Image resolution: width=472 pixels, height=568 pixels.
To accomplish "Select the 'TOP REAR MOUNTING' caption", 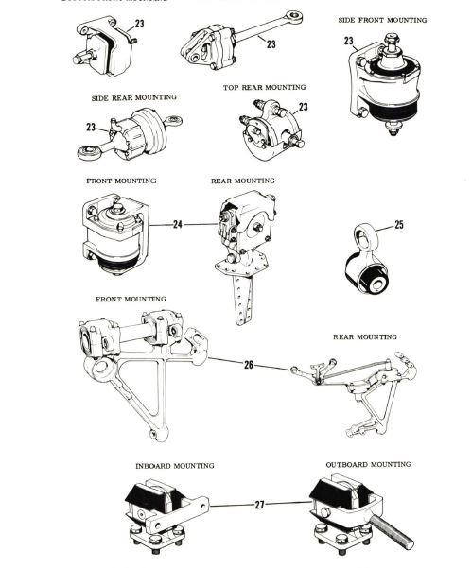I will [264, 87].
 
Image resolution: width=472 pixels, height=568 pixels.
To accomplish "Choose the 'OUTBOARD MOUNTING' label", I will [368, 465].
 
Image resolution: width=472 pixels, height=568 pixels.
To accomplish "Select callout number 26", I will [249, 363].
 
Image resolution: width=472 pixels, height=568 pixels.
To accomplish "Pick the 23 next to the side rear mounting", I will [91, 127].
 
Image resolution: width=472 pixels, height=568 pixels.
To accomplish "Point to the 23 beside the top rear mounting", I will [303, 108].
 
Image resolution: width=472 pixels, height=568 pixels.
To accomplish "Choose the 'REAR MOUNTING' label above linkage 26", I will [364, 336].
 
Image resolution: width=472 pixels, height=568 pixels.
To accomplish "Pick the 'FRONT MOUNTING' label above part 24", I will [121, 180].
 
